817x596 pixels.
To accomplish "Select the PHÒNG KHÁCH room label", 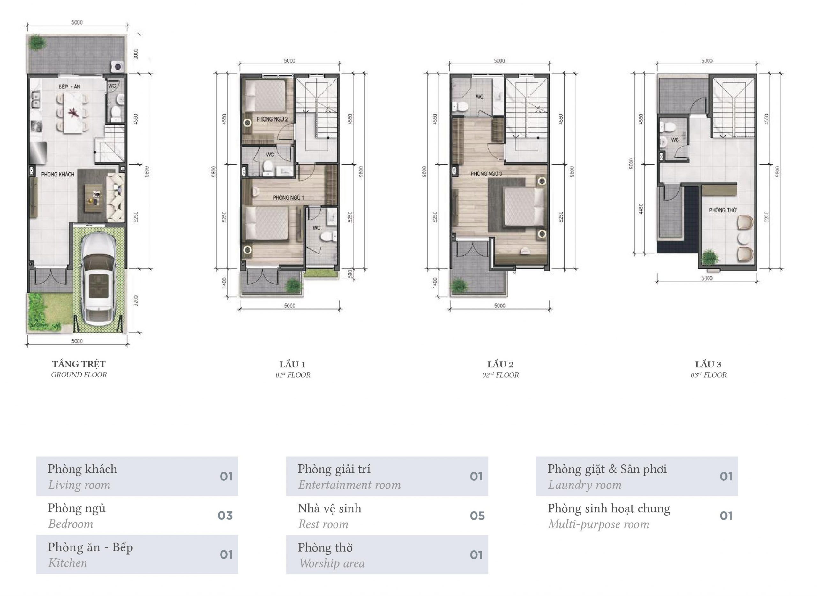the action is coord(57,174).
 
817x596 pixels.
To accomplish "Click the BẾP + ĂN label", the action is coord(69,87).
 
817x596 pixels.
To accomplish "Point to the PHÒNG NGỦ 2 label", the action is coord(272,119).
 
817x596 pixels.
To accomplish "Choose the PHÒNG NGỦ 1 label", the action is coord(288,197).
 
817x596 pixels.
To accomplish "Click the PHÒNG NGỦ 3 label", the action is coord(486,174).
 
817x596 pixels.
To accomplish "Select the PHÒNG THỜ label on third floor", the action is coord(723,210).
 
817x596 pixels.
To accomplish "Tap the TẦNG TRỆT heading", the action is coord(79,364).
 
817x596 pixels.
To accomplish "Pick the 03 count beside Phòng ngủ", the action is coord(225,516).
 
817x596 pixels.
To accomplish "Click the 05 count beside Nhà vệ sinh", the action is coord(477,516).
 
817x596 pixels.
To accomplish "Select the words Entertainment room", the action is coord(349,485).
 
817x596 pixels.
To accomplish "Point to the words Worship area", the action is coord(332,563).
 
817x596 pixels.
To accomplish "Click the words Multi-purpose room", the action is coord(599,524).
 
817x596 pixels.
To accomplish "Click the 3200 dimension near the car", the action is coord(136,300).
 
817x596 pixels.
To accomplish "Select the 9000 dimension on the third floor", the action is coord(631,163).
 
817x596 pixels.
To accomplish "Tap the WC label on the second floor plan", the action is coord(479,97).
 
